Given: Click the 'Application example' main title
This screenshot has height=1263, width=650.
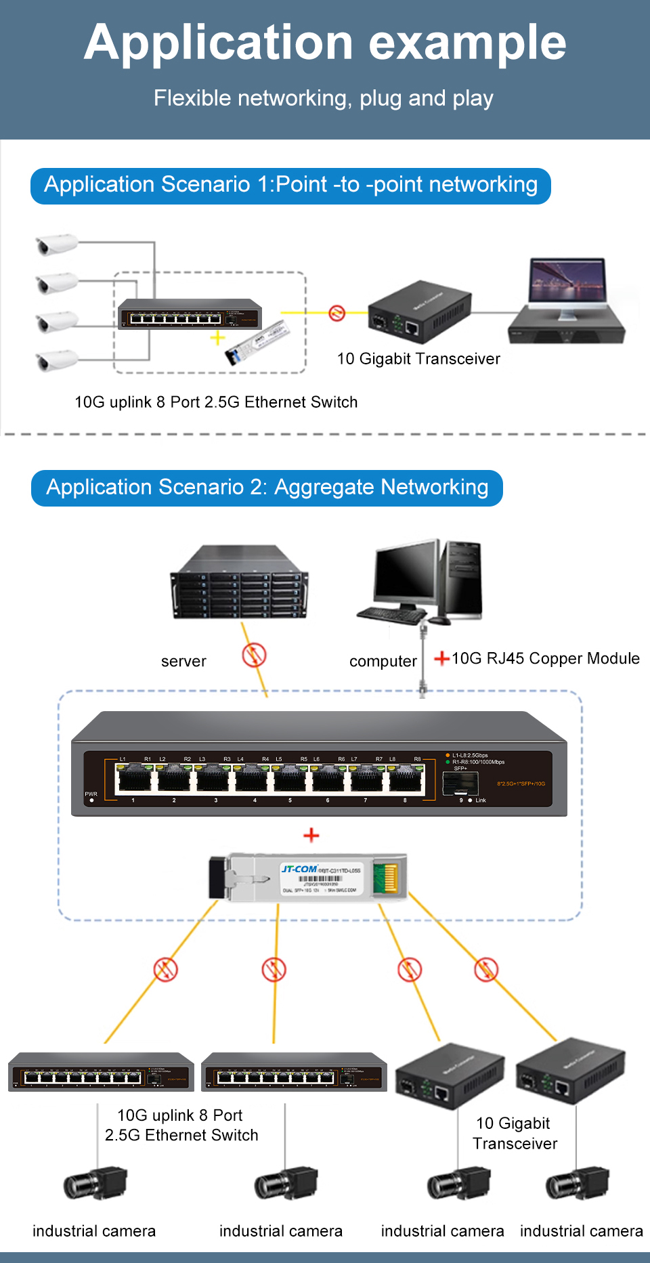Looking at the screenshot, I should point(325,43).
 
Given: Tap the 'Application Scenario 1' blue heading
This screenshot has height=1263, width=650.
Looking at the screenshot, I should point(290,185).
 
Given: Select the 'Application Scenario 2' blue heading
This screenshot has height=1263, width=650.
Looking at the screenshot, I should point(267,488).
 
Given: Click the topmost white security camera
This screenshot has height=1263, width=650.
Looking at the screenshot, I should point(56,244).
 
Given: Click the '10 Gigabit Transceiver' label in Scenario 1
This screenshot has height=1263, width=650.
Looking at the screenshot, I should point(418,359).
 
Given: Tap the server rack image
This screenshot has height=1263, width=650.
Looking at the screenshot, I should point(239,584).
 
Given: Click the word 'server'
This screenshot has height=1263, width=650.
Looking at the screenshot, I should point(183,662).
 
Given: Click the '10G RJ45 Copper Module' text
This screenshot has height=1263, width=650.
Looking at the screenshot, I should point(545,658).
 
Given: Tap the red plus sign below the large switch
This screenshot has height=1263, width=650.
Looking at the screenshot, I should point(311,835).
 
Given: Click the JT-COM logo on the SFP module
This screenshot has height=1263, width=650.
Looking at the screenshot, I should point(299,869).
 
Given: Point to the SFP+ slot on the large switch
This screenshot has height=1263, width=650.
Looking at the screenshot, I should point(460,784).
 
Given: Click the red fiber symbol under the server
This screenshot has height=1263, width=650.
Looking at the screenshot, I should point(254,655).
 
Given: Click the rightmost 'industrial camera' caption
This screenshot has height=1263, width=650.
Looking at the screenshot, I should point(581,1231).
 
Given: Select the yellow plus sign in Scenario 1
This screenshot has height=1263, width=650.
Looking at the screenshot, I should point(217,338).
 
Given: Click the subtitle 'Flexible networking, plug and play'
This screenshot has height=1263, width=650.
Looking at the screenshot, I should point(323,98).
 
